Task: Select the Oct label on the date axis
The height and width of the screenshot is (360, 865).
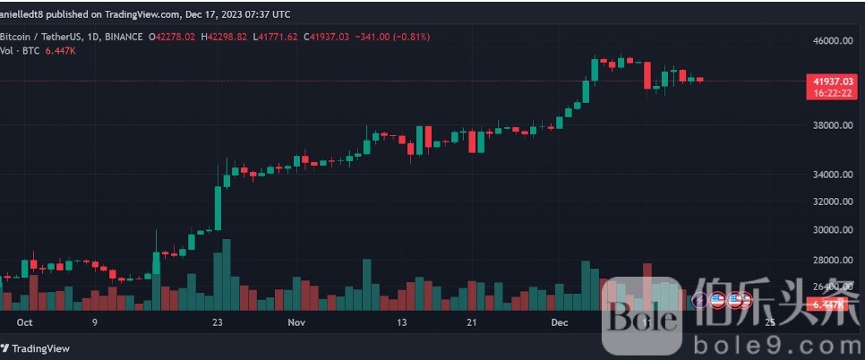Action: point(24,321)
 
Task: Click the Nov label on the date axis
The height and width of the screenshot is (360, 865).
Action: point(297,321)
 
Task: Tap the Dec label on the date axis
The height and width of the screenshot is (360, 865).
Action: point(561,321)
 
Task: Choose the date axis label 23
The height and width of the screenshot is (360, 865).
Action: point(216,321)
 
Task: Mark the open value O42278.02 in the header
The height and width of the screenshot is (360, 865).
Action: point(176,37)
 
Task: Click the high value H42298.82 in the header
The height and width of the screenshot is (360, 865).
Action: point(227,37)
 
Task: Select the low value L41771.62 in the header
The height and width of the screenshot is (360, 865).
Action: point(278,37)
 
